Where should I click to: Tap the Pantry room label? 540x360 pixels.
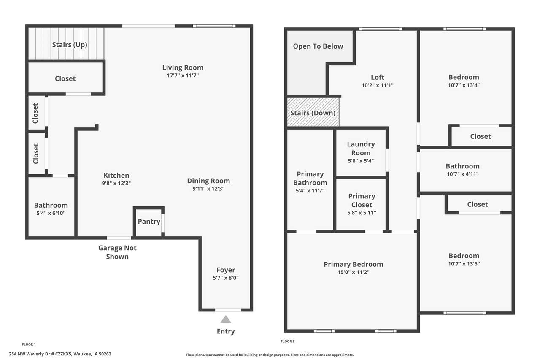[x=149, y=221]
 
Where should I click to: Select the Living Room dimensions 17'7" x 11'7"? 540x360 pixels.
[x=183, y=76]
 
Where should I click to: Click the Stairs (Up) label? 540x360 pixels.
[x=70, y=45]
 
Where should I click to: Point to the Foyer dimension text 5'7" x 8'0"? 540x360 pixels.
[x=226, y=278]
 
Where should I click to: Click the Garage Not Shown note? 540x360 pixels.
[x=117, y=252]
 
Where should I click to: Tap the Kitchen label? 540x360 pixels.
[x=116, y=175]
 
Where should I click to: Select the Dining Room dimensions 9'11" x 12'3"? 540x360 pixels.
[x=208, y=189]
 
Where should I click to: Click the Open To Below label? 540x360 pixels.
[x=318, y=46]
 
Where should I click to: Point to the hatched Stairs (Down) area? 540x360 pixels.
[x=313, y=112]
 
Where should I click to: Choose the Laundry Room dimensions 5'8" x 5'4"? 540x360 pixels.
[x=361, y=161]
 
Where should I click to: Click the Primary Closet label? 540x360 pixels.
[x=362, y=200]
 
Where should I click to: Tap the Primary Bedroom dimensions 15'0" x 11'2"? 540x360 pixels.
[x=354, y=272]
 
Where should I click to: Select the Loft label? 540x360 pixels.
[x=378, y=77]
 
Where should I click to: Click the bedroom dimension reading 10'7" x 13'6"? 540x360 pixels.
[x=464, y=264]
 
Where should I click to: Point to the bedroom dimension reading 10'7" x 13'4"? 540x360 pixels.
[x=464, y=85]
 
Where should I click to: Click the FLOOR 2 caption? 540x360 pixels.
[x=288, y=341]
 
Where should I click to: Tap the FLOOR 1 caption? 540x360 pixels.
[x=29, y=344]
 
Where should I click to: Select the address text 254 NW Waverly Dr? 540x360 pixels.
[x=31, y=354]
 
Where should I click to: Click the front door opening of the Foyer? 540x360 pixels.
[x=228, y=310]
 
